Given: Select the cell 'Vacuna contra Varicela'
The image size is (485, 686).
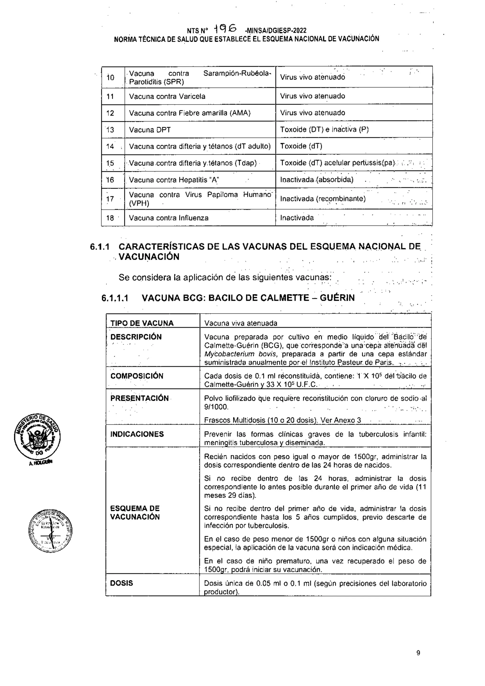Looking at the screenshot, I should click(167, 96).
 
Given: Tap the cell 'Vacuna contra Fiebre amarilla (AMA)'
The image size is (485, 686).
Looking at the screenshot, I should click(190, 113).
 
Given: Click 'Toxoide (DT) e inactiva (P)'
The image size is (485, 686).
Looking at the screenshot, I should click(324, 130).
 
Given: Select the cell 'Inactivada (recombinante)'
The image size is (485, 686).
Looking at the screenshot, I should click(323, 199).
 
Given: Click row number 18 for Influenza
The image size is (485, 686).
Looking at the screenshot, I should click(110, 218).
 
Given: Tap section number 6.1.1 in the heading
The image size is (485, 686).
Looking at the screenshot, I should click(99, 247).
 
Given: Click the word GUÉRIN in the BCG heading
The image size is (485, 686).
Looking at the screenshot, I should click(337, 298).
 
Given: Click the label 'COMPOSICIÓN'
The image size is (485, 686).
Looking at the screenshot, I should click(137, 376).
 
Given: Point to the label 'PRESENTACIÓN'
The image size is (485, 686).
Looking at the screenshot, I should click(139, 398).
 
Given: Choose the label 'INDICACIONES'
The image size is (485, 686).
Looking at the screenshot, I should click(137, 434).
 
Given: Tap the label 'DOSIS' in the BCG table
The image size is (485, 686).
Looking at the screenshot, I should click(121, 583).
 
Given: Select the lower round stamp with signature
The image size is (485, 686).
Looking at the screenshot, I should click(50, 531).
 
